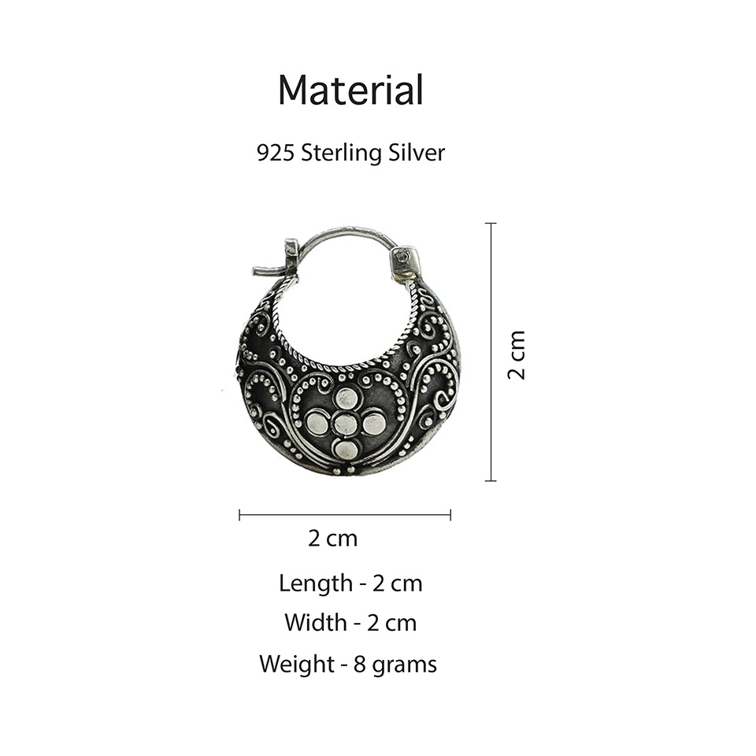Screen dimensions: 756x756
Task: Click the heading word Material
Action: (x=350, y=90)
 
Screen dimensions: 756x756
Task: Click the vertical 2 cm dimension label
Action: (x=517, y=355)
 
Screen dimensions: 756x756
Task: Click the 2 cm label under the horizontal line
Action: (x=332, y=538)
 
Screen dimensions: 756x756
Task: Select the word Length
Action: (x=316, y=584)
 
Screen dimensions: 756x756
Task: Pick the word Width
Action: (x=317, y=622)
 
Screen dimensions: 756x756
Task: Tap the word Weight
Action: (x=297, y=665)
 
